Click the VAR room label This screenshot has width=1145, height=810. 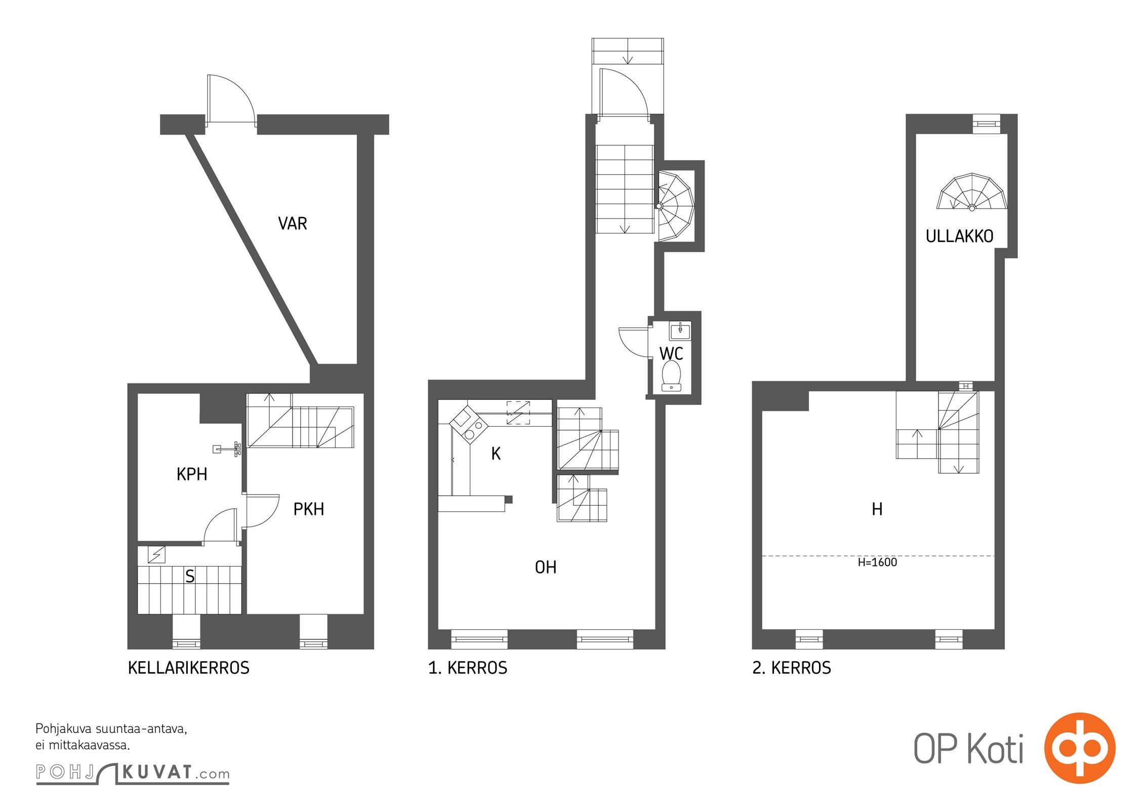click(x=293, y=223)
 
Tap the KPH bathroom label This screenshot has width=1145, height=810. click(x=192, y=474)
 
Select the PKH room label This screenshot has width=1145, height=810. click(x=309, y=509)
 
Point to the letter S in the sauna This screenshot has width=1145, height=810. click(x=190, y=576)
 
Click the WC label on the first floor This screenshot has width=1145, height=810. click(x=671, y=353)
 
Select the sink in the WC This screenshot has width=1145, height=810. click(x=680, y=331)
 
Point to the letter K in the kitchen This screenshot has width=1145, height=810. click(x=496, y=454)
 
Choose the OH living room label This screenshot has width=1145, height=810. click(x=546, y=567)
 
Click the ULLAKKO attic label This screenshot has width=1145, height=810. click(x=959, y=236)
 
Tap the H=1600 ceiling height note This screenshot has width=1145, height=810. click(x=877, y=562)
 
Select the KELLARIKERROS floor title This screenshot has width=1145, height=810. click(x=189, y=668)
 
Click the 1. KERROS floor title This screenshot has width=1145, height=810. click(x=468, y=668)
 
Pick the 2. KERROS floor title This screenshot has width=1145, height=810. click(x=792, y=668)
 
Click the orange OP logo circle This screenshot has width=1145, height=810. click(x=1080, y=748)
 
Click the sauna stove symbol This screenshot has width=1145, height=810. click(x=156, y=555)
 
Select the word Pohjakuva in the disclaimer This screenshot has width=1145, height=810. click(x=64, y=729)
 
